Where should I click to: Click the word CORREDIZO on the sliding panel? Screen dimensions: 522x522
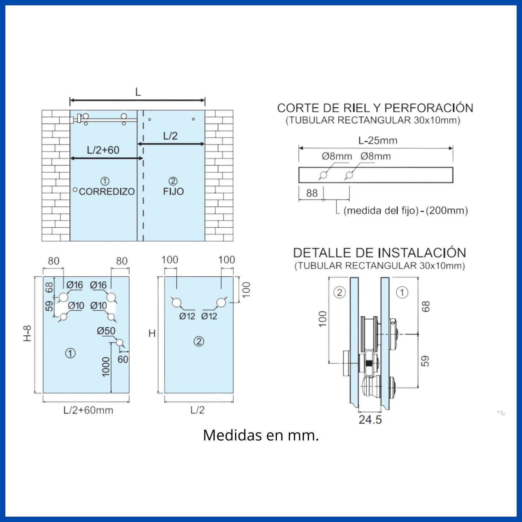tap(107, 191)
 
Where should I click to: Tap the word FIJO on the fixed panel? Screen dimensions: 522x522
tap(173, 191)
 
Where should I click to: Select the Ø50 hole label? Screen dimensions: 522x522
tap(106, 331)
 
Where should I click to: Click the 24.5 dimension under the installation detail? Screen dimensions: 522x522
tap(370, 420)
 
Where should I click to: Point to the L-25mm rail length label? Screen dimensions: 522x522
tap(378, 140)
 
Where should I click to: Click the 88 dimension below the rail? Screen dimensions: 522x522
tap(312, 193)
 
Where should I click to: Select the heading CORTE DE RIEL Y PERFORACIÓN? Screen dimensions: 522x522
tap(375, 108)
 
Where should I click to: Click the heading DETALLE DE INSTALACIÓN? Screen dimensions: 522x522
tap(380, 253)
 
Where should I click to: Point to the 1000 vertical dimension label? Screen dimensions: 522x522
tap(106, 367)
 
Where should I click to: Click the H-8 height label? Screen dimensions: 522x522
tap(28, 333)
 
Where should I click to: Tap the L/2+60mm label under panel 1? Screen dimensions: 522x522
tap(88, 410)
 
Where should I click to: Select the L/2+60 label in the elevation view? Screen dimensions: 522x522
tap(103, 150)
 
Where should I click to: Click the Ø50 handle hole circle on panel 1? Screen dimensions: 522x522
tap(120, 342)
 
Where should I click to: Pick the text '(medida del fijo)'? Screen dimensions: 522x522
tap(381, 211)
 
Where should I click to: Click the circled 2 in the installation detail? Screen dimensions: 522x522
tap(340, 293)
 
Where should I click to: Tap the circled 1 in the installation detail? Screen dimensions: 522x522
tap(402, 293)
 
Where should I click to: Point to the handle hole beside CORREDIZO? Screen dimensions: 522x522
tap(75, 190)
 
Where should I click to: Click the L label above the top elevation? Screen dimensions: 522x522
tap(138, 92)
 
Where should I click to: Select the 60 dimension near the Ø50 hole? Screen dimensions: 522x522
tap(123, 359)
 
